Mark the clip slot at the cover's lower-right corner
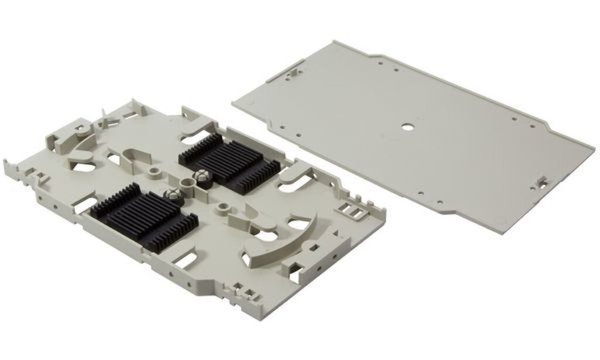pos(541,182)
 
